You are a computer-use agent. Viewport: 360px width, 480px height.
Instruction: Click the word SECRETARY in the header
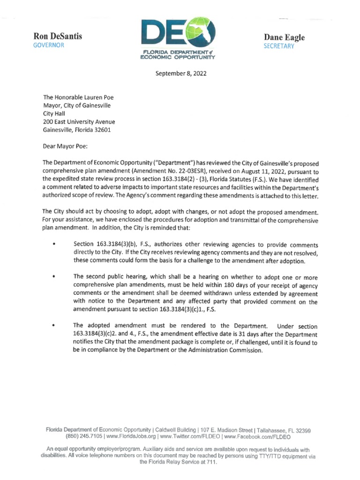point(279,46)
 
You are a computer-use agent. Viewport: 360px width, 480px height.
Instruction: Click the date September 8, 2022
point(180,74)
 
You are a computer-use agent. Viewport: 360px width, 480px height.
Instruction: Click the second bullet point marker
point(55,277)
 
